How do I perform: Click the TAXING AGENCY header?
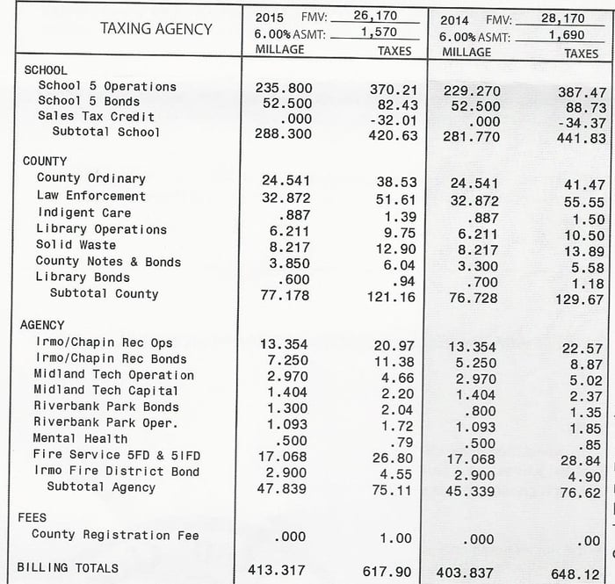point(156,29)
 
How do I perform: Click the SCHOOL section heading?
point(46,69)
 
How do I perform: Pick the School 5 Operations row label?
point(107,86)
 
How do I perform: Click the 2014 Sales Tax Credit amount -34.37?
point(581,123)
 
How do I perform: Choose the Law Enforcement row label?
point(91,195)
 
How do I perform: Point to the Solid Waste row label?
point(76,244)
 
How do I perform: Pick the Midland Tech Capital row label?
point(105,391)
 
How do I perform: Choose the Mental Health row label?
point(80,438)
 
